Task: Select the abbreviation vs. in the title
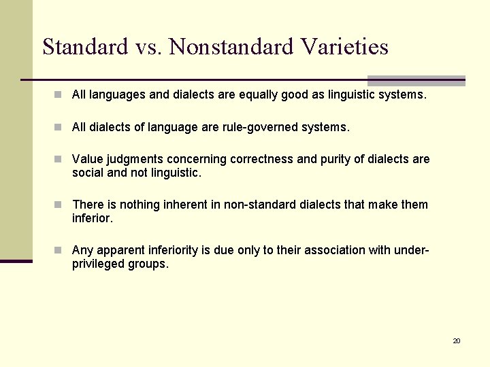(x=149, y=47)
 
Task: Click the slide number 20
(x=457, y=340)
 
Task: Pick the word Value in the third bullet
(x=86, y=159)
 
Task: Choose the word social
(x=87, y=173)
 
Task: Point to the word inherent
(x=189, y=205)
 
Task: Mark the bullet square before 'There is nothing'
(x=60, y=205)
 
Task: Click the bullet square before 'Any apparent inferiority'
(x=60, y=250)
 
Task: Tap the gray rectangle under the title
(x=416, y=80)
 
